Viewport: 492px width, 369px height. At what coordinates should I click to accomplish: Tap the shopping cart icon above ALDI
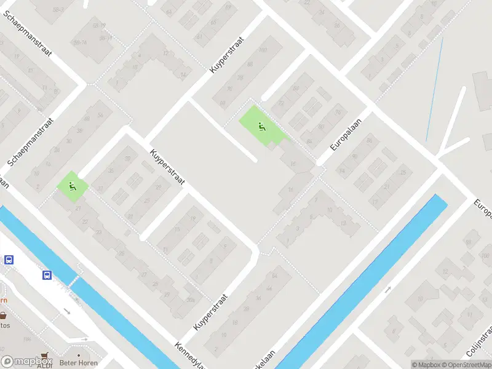(44, 357)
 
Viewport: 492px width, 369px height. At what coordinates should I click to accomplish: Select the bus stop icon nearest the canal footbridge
(47, 275)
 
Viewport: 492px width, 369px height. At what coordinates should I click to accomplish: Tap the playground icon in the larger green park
(261, 127)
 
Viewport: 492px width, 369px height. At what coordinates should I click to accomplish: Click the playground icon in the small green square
(73, 187)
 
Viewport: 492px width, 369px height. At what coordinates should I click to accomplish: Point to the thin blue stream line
(434, 80)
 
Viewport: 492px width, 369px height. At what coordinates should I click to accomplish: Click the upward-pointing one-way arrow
(388, 290)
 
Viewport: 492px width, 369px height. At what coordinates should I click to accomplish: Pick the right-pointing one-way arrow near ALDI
(85, 339)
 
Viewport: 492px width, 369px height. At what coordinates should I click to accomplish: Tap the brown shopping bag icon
(4, 315)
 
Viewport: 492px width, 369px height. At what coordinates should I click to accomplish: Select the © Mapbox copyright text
(426, 365)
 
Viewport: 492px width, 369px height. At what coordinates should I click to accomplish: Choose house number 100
(263, 50)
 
